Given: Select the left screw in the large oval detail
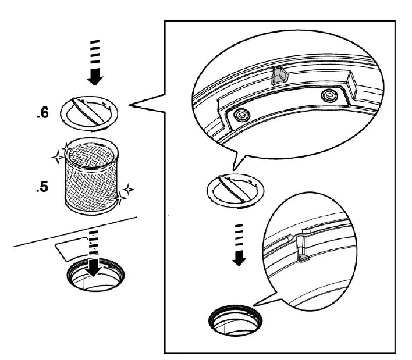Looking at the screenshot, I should pos(239,115).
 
